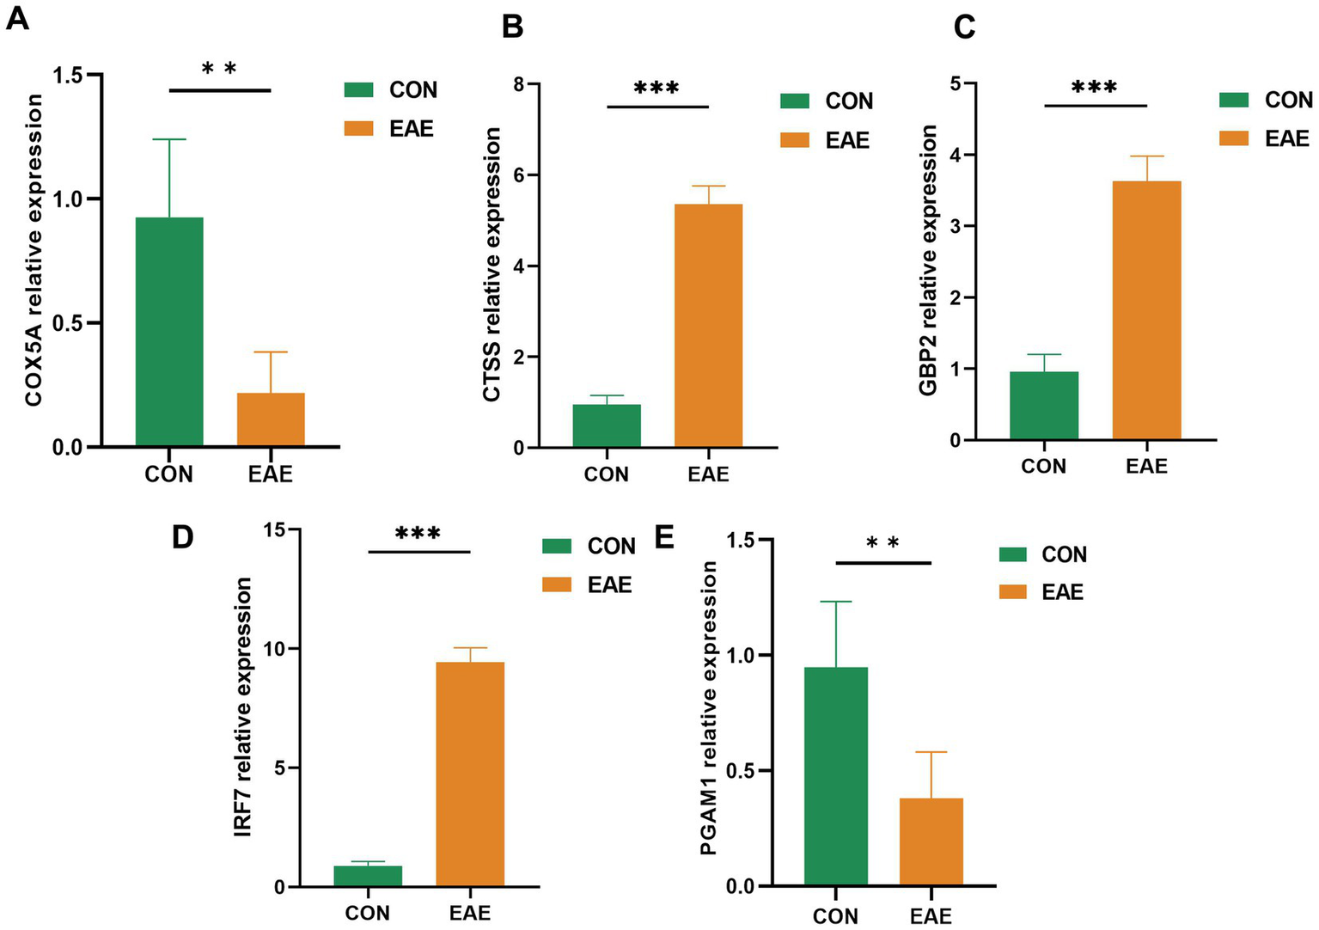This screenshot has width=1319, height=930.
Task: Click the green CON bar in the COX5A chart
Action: pyautogui.click(x=169, y=332)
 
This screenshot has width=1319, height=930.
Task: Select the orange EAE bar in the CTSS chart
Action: pyautogui.click(x=708, y=326)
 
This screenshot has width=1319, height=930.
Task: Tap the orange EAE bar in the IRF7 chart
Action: pyautogui.click(x=470, y=774)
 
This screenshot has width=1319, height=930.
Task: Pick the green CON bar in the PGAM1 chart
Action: pyautogui.click(x=836, y=776)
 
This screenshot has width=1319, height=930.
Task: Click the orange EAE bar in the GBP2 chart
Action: pyautogui.click(x=1146, y=310)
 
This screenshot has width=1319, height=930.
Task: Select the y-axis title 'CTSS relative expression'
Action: pyautogui.click(x=492, y=265)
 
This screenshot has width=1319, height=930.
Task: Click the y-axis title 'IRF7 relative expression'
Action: pyautogui.click(x=243, y=707)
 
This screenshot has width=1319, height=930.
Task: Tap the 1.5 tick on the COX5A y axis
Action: pyautogui.click(x=68, y=76)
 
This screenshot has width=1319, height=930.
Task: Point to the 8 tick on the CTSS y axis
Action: pyautogui.click(x=518, y=84)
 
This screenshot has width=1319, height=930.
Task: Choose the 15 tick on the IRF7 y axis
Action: pyautogui.click(x=275, y=529)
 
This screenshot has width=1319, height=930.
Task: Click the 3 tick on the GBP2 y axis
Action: pyautogui.click(x=956, y=227)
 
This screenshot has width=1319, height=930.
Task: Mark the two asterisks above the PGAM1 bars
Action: pyautogui.click(x=882, y=543)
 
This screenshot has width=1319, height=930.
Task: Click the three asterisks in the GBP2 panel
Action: pyautogui.click(x=1095, y=88)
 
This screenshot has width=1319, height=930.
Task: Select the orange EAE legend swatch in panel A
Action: pyautogui.click(x=358, y=129)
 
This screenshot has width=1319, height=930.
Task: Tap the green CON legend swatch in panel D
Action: pyautogui.click(x=557, y=547)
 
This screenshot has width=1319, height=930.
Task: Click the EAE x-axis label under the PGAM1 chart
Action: pyautogui.click(x=931, y=917)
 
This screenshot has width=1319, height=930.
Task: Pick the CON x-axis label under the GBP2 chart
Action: pyautogui.click(x=1043, y=467)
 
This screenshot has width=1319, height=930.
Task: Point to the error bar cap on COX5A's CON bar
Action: pyautogui.click(x=169, y=139)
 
